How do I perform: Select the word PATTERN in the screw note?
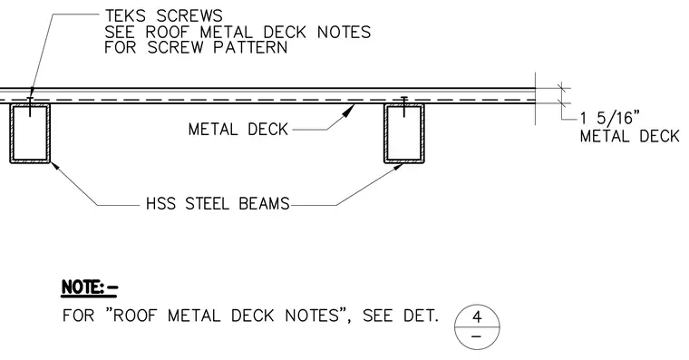pyautogui.click(x=250, y=47)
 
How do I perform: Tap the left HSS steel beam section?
pyautogui.click(x=30, y=133)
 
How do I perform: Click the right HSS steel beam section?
pyautogui.click(x=404, y=133)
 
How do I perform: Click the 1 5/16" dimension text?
pyautogui.click(x=609, y=118)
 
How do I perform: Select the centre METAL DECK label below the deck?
pyautogui.click(x=238, y=130)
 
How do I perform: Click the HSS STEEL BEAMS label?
pyautogui.click(x=218, y=203)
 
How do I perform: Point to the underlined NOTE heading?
pyautogui.click(x=90, y=288)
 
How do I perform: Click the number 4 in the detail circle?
pyautogui.click(x=477, y=316)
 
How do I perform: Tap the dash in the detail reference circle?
pyautogui.click(x=476, y=337)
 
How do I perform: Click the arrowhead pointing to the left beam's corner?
pyautogui.click(x=55, y=167)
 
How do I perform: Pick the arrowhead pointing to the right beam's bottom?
pyautogui.click(x=397, y=167)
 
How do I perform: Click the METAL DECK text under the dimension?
pyautogui.click(x=630, y=136)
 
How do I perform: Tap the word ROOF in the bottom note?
pyautogui.click(x=134, y=316)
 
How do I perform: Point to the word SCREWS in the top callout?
pyautogui.click(x=189, y=15)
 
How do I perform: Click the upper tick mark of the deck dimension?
pyautogui.click(x=560, y=88)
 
